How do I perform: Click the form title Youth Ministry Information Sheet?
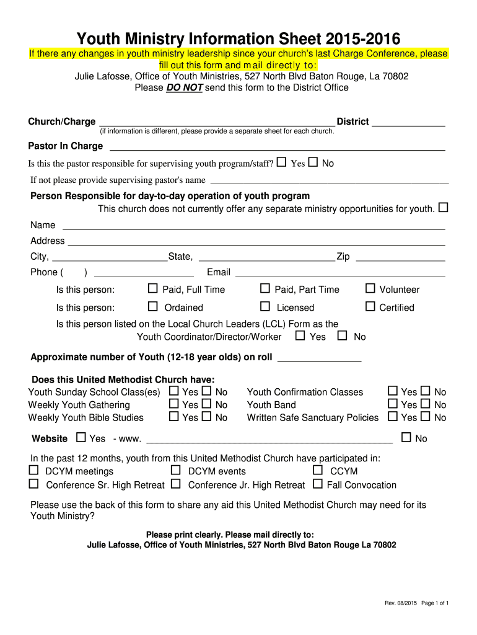pos(239,38)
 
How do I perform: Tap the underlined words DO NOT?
pos(185,88)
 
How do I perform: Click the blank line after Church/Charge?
pos(217,123)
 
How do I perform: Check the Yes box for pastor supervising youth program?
pos(282,162)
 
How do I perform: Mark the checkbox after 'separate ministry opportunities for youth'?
pos(443,207)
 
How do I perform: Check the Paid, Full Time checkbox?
pos(153,288)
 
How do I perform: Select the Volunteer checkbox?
pos(370,288)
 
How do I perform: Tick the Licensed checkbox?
pos(265,306)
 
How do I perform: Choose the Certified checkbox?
pos(370,306)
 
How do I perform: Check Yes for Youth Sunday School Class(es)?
pos(174,391)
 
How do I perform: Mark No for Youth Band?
pos(426,404)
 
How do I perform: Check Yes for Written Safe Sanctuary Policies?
pos(393,417)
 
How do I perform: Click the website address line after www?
pos(268,440)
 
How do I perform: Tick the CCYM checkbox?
pos(318,470)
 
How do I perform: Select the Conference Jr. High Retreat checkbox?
pos(176,484)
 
